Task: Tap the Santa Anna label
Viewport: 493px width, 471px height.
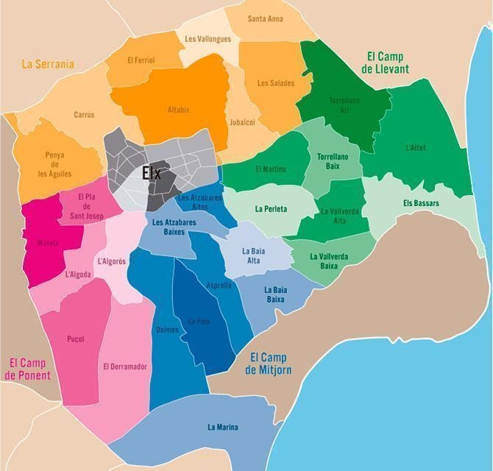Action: (x=266, y=19)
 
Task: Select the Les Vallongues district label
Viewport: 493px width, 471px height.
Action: (x=208, y=39)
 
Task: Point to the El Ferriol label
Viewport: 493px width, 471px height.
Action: (x=141, y=60)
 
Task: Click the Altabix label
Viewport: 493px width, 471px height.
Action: (x=178, y=110)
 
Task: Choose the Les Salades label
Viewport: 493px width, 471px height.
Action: (x=276, y=83)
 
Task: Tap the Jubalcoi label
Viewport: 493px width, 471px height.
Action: (x=242, y=122)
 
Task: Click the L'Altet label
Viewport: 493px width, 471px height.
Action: (x=416, y=148)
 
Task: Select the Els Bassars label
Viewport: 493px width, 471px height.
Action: (x=421, y=202)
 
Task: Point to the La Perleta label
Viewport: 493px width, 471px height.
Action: (x=271, y=209)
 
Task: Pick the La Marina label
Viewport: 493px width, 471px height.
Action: (x=223, y=427)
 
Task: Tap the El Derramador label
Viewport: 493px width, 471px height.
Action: (x=125, y=366)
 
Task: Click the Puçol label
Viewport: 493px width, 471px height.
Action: (x=75, y=339)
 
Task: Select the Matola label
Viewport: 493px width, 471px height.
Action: (x=49, y=243)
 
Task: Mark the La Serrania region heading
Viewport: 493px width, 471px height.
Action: (x=48, y=64)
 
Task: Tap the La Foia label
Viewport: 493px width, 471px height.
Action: (x=198, y=321)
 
